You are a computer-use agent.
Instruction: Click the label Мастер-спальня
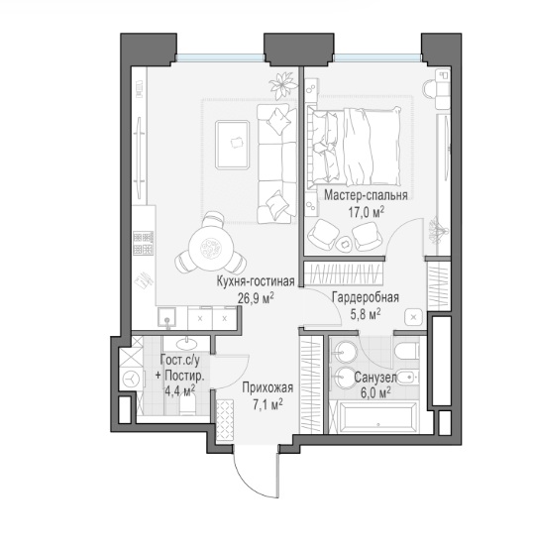(366, 195)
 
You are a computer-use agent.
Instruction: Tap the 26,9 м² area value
(256, 297)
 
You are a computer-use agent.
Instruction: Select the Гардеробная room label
(366, 297)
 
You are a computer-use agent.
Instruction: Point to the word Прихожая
(267, 387)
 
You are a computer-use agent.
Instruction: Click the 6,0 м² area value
(375, 393)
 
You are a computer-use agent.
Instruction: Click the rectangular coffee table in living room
(232, 145)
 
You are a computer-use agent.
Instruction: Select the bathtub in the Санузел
(373, 417)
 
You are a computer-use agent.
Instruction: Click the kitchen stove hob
(143, 243)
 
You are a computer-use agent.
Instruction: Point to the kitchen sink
(166, 317)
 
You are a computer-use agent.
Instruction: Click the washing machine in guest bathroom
(131, 379)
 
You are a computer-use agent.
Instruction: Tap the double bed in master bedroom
(354, 146)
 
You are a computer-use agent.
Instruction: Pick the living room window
(220, 57)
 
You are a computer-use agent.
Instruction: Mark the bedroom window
(377, 57)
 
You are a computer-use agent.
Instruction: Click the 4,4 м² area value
(179, 391)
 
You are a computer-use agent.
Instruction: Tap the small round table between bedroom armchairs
(345, 243)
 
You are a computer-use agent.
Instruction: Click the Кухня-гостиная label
(256, 281)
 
